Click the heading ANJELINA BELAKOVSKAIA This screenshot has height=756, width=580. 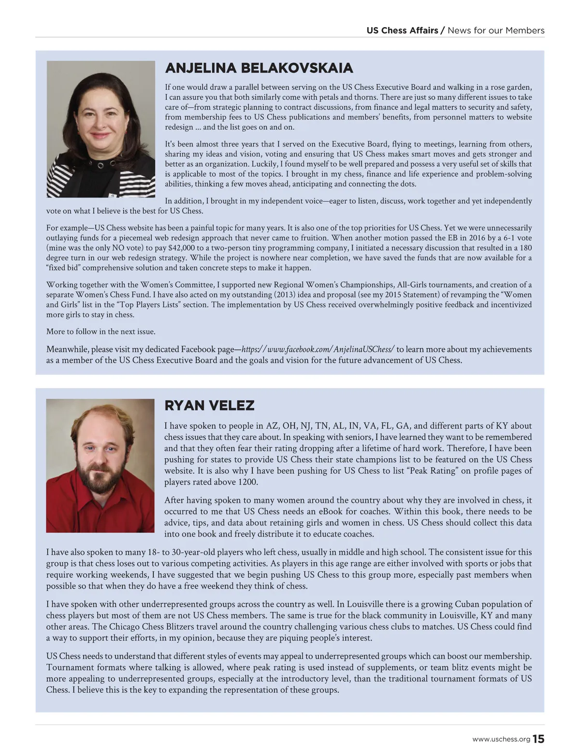point(259,68)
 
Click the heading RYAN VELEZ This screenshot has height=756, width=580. point(209,406)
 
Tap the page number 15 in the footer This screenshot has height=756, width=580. point(538,739)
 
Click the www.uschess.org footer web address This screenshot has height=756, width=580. point(501,740)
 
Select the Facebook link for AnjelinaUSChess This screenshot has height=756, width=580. point(318,349)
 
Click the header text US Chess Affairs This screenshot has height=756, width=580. point(402,30)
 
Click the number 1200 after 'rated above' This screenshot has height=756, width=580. point(248,482)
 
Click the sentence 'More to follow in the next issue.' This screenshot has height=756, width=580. point(101,332)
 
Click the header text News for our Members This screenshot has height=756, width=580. point(496,30)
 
